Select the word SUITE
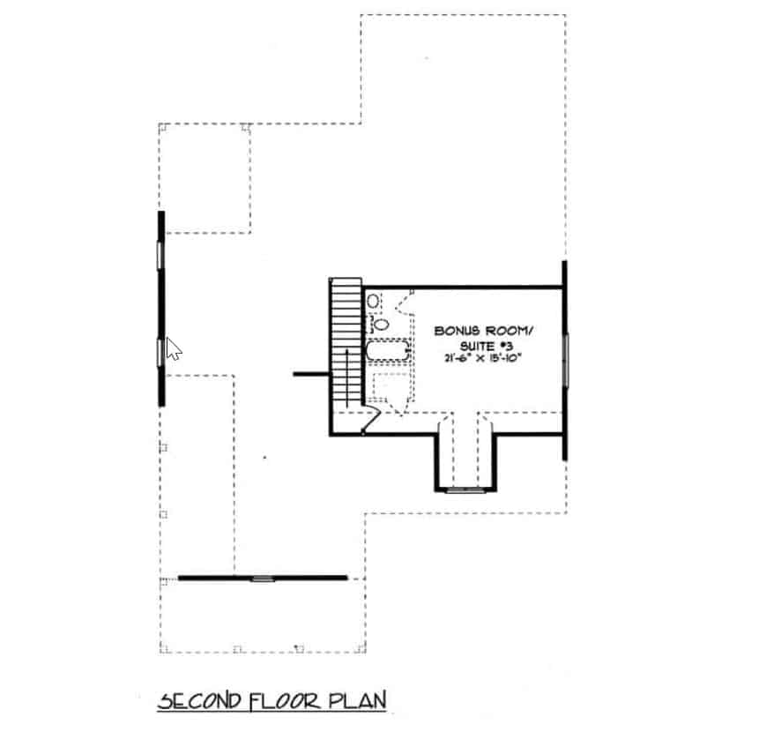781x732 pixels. pyautogui.click(x=472, y=346)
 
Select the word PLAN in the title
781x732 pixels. pyautogui.click(x=358, y=702)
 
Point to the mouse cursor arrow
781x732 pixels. pyautogui.click(x=173, y=349)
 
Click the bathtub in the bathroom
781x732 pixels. pyautogui.click(x=388, y=353)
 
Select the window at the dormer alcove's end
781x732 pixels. pyautogui.click(x=465, y=489)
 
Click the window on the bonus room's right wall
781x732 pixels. pyautogui.click(x=565, y=360)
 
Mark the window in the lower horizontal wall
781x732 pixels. pyautogui.click(x=263, y=579)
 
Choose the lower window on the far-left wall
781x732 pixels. pyautogui.click(x=160, y=352)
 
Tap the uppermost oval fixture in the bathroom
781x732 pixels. pyautogui.click(x=374, y=302)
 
